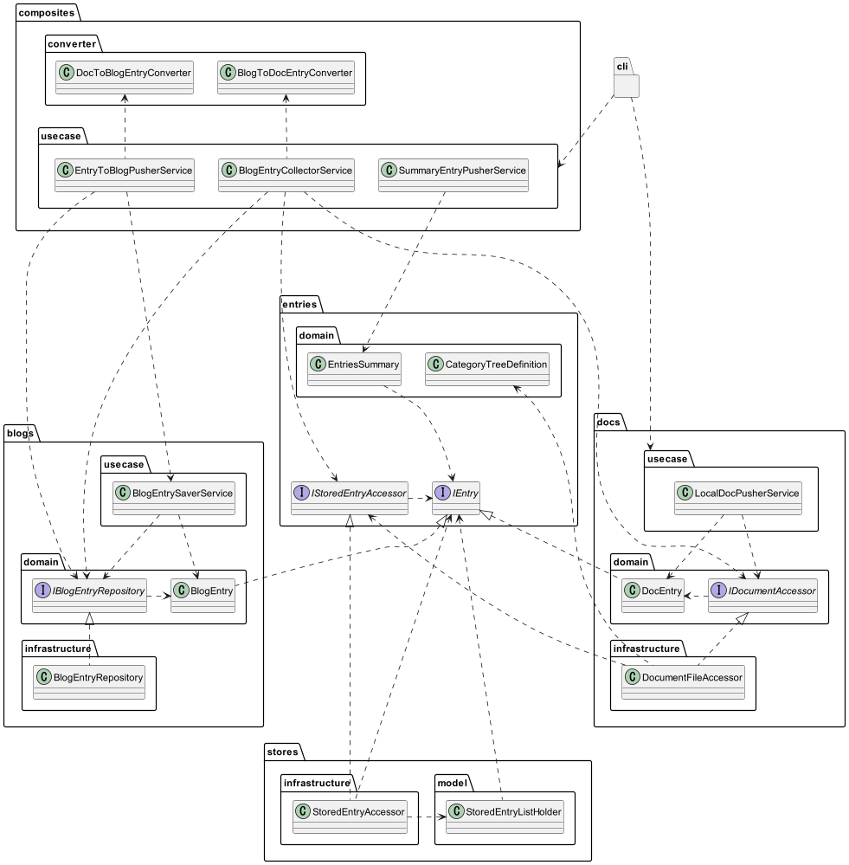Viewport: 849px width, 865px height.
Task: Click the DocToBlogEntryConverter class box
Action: [125, 77]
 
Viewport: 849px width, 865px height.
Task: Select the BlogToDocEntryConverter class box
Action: [286, 77]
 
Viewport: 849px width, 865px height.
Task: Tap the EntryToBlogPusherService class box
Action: [125, 176]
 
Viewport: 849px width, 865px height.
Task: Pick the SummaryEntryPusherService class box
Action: [453, 176]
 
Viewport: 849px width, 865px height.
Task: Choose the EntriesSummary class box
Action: [354, 369]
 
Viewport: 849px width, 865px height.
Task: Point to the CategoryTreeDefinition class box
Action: [487, 369]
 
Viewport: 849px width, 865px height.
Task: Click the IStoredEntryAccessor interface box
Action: [350, 498]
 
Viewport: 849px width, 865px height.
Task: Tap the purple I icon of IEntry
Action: [442, 493]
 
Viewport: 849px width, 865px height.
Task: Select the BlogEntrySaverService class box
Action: [174, 498]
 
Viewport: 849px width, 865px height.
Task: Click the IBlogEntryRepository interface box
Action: [89, 596]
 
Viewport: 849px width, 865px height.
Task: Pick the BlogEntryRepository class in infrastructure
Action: [89, 682]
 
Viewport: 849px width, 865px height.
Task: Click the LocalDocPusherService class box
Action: [738, 498]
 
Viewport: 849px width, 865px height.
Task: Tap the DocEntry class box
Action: [653, 596]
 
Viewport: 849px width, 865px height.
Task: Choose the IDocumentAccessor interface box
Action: [763, 596]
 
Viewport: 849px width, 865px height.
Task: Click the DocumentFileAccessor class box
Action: [683, 682]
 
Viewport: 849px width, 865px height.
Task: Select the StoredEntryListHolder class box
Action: [505, 817]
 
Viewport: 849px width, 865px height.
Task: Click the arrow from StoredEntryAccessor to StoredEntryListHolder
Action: [427, 817]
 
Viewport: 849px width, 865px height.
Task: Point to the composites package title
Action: [47, 13]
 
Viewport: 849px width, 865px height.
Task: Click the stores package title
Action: [282, 752]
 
